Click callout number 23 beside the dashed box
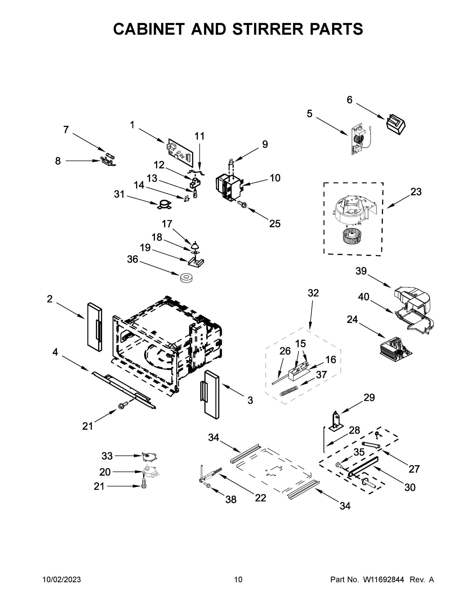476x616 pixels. [416, 192]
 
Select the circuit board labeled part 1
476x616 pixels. [180, 152]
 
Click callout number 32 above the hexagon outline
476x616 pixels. [313, 293]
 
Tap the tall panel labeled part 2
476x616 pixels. [95, 327]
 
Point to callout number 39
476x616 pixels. [361, 271]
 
